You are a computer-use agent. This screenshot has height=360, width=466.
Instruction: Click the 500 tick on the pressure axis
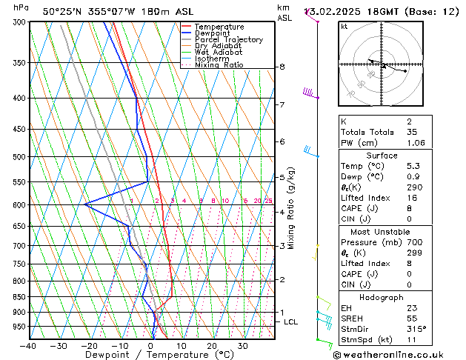pos(20,157)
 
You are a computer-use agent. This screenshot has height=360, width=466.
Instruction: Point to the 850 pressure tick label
pos(20,297)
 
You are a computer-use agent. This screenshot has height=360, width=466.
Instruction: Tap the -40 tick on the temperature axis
pos(28,345)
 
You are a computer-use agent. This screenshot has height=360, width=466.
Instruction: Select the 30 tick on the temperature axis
pos(242,345)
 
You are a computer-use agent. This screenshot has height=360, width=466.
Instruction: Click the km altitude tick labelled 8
pos(282,67)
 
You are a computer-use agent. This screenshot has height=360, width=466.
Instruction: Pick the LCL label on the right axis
pos(290,322)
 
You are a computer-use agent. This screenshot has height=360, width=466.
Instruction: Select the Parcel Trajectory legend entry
pos(228,40)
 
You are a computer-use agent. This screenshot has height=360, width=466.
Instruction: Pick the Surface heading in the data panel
pos(382,156)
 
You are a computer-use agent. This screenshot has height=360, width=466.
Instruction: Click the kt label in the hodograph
pos(344,27)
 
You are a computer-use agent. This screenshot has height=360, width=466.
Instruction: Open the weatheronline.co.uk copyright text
pos(398,354)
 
